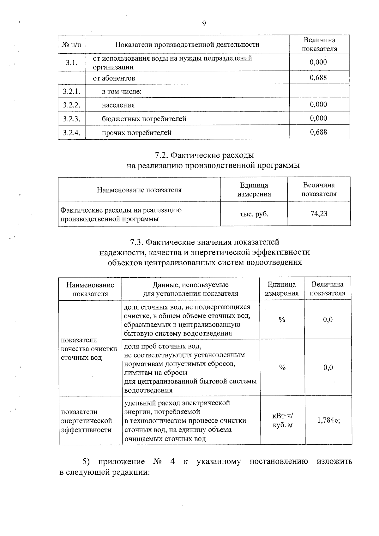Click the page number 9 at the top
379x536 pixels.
[x=204, y=23]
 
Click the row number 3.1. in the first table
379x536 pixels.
[x=72, y=62]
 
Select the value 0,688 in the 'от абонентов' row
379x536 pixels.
[x=318, y=78]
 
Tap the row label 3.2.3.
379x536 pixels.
[x=72, y=119]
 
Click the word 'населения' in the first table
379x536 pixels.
[x=118, y=105]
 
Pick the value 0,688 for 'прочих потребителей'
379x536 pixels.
[x=318, y=132]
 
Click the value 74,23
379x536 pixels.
[x=319, y=214]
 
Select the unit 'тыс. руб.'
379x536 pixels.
[x=254, y=214]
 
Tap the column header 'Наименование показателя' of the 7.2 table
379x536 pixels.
[x=139, y=190]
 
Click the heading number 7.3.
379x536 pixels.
[x=138, y=242]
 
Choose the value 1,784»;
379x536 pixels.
[x=328, y=421]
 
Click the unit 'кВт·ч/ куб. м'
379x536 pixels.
[x=283, y=421]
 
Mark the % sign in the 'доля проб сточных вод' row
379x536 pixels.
[x=282, y=368]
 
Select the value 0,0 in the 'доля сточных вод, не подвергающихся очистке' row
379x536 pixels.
[x=328, y=320]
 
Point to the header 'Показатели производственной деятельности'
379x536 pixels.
[x=187, y=45]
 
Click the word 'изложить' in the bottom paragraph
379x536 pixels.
[x=334, y=462]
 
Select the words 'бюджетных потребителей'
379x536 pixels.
[x=144, y=119]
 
